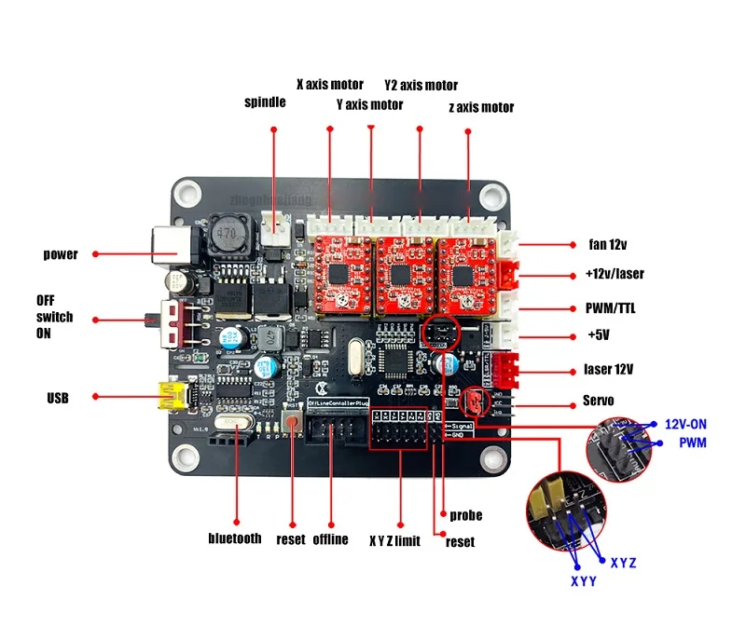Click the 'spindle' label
click(x=265, y=102)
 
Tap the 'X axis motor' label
click(x=330, y=85)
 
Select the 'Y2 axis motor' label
click(x=421, y=86)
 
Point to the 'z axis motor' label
click(x=481, y=108)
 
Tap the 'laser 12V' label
click(x=609, y=369)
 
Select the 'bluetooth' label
click(x=235, y=538)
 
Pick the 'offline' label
click(x=330, y=539)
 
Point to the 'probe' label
click(x=465, y=515)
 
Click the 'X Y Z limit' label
click(x=394, y=540)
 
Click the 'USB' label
click(x=58, y=398)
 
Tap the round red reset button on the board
click(x=292, y=424)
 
